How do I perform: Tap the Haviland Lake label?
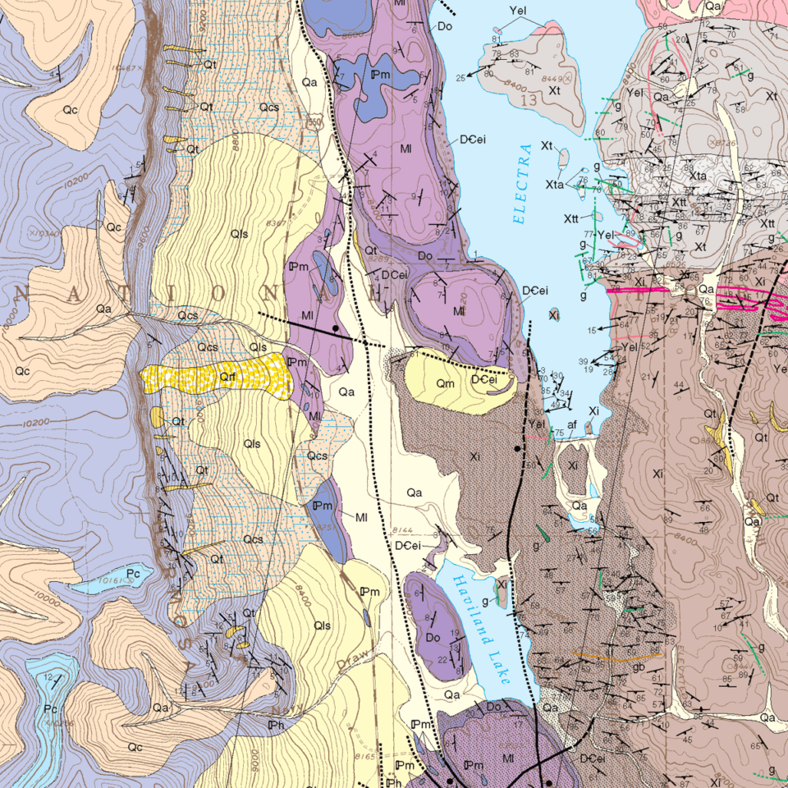click(x=479, y=627)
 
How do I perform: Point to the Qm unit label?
click(x=445, y=383)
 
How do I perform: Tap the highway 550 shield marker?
click(x=314, y=122)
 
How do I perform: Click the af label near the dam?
click(x=572, y=425)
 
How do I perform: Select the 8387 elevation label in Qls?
click(x=277, y=222)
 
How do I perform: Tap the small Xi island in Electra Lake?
click(x=554, y=314)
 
